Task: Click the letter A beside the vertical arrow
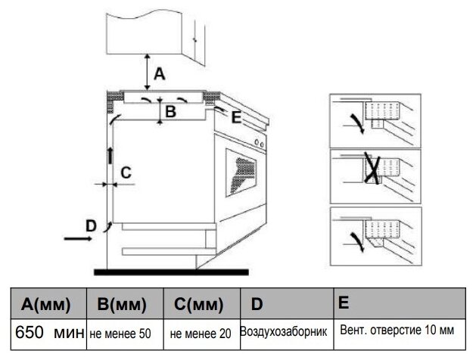(x=159, y=73)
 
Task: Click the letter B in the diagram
(x=170, y=113)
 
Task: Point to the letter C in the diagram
(x=126, y=172)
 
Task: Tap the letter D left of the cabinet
(x=90, y=225)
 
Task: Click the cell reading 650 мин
(x=46, y=333)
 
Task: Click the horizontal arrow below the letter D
(x=78, y=237)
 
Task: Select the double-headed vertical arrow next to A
(x=148, y=73)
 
